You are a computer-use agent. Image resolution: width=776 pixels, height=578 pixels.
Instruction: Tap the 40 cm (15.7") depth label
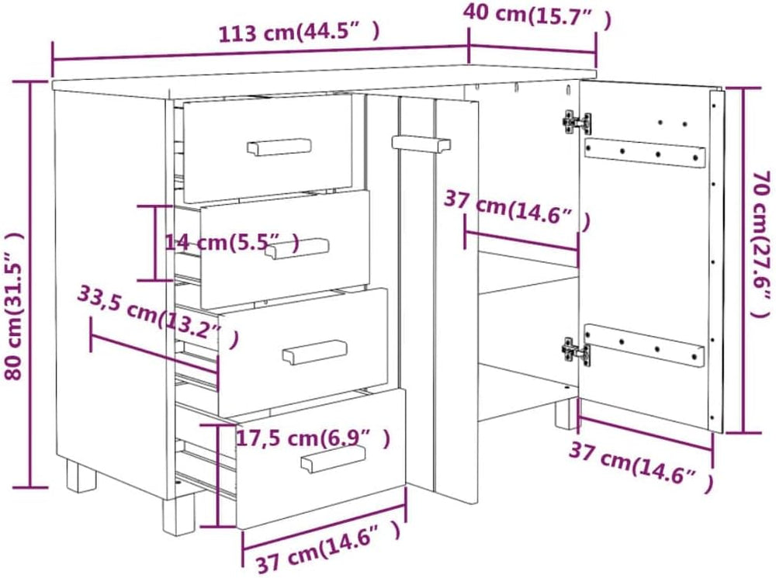point(537,16)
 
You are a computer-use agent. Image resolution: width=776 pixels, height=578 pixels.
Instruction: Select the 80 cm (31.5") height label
point(14,306)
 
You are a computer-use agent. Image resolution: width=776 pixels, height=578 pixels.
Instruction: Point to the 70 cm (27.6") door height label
point(761,244)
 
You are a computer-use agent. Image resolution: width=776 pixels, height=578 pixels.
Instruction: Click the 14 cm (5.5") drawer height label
point(232,243)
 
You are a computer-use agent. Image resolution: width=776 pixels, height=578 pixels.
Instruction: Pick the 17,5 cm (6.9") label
point(313,438)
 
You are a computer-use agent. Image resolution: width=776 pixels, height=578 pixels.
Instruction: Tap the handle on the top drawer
point(279,147)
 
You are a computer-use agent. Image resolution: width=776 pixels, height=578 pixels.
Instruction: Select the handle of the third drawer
point(315,352)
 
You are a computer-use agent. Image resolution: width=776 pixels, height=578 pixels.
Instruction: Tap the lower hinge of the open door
point(577,352)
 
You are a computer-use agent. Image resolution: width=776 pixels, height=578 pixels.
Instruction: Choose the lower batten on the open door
point(644,346)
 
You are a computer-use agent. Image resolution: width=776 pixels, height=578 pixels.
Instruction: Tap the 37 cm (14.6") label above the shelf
point(517,210)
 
